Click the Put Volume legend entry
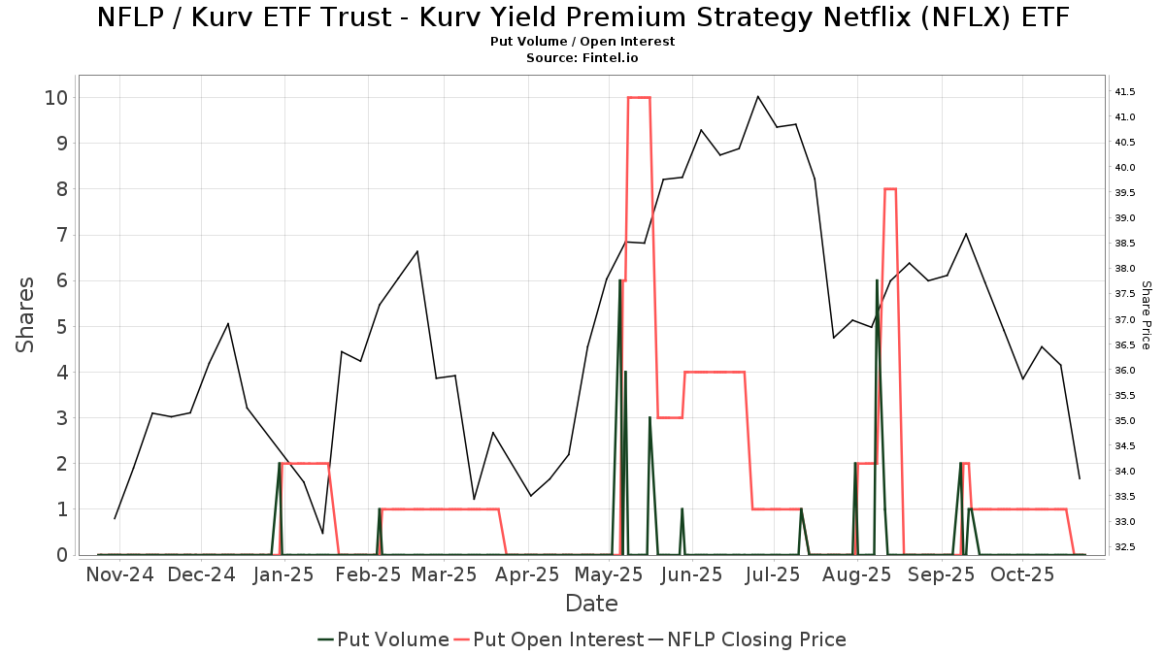[x=383, y=639]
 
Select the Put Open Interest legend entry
[x=549, y=639]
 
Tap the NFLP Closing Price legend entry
[x=748, y=639]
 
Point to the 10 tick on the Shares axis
[x=54, y=97]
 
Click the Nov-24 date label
[x=119, y=574]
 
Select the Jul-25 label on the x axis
[x=773, y=574]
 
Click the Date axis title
[x=591, y=604]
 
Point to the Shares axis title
[x=25, y=314]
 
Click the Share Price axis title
[x=1146, y=314]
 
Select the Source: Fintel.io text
[x=582, y=57]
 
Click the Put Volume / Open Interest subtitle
[x=582, y=42]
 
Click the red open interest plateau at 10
[x=639, y=97]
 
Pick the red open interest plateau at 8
[x=889, y=189]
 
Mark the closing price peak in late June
[x=757, y=96]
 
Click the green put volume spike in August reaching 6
[x=877, y=281]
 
